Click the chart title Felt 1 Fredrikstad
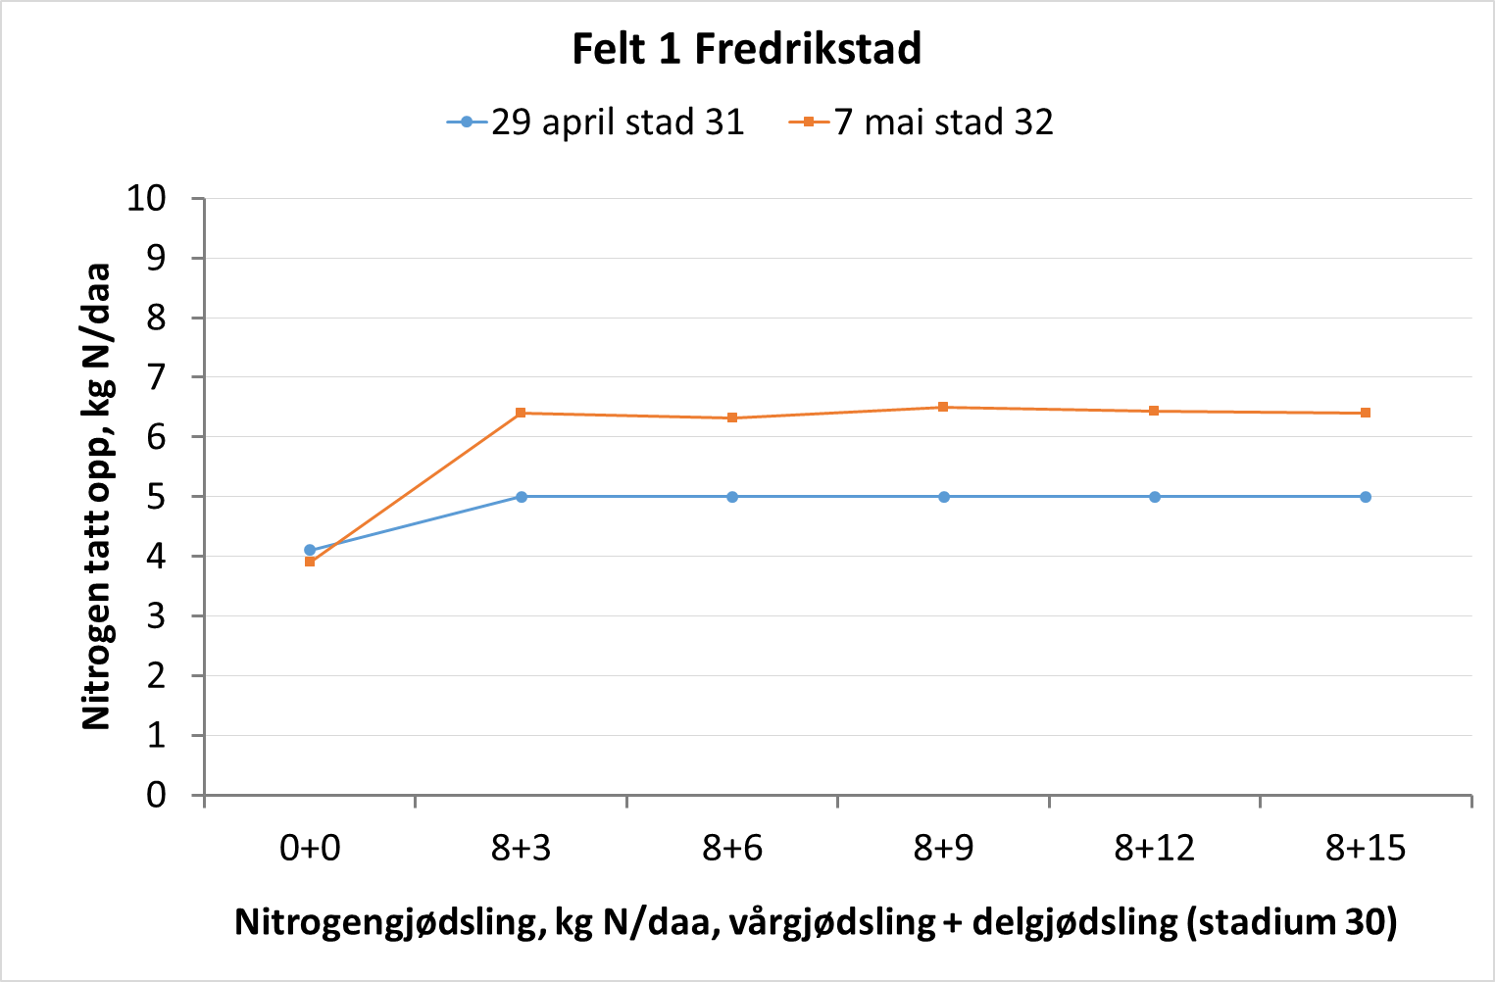coord(747,49)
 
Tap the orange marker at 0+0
coord(310,562)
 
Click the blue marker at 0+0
coord(310,550)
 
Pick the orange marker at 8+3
coord(521,413)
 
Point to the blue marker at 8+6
coord(732,497)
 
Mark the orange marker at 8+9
coord(943,407)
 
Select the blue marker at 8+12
coord(1155,497)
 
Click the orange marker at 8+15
coord(1366,413)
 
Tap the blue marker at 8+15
coord(1366,497)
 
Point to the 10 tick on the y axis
coord(147,198)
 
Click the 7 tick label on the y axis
coord(156,377)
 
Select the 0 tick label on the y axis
coord(156,795)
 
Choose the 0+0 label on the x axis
coord(310,848)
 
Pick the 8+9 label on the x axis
coord(943,848)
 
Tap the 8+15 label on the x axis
coord(1366,848)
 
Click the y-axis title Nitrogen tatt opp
coord(96,496)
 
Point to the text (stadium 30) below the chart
coord(1292,922)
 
